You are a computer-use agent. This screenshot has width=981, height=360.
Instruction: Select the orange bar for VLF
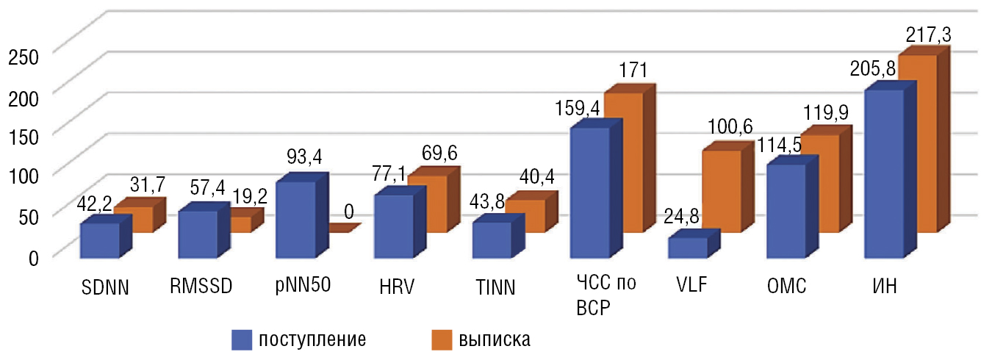[x=722, y=191]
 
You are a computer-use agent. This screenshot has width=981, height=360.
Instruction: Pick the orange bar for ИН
[x=918, y=143]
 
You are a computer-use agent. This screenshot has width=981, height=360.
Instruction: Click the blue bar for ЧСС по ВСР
[x=589, y=192]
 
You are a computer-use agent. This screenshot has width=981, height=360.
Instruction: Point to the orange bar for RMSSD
[x=241, y=224]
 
